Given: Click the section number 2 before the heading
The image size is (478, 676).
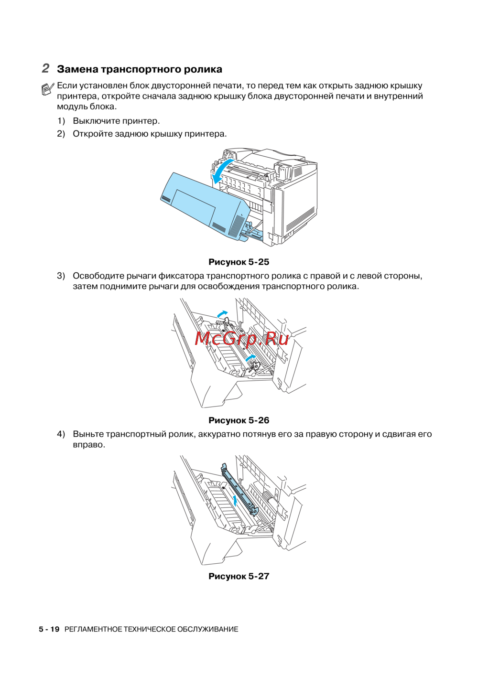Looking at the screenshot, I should point(45,68).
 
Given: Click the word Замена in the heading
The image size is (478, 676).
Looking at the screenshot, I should point(77,69).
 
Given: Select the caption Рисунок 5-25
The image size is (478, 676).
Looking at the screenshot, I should point(239,262).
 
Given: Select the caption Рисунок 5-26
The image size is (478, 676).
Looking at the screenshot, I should point(239,420).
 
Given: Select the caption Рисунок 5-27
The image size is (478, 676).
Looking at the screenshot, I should point(239,576).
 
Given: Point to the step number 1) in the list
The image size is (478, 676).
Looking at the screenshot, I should point(61,121).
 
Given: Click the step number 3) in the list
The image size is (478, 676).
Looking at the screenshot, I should point(61,276).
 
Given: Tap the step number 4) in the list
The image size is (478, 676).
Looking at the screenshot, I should point(61,434).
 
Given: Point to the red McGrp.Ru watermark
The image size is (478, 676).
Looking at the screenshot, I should point(242,338).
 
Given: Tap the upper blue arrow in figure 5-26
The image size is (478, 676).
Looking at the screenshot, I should point(222,313).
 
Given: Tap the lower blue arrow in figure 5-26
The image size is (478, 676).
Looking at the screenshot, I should point(250,357).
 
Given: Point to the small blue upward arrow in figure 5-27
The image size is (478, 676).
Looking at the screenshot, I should point(235,500).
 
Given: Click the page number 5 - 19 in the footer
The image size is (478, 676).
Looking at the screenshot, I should point(49,629).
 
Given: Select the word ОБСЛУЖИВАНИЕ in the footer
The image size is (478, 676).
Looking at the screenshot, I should point(208,629).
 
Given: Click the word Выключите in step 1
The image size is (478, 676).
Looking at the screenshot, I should point(96,121).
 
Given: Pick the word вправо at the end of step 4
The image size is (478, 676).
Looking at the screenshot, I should point(88,445).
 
